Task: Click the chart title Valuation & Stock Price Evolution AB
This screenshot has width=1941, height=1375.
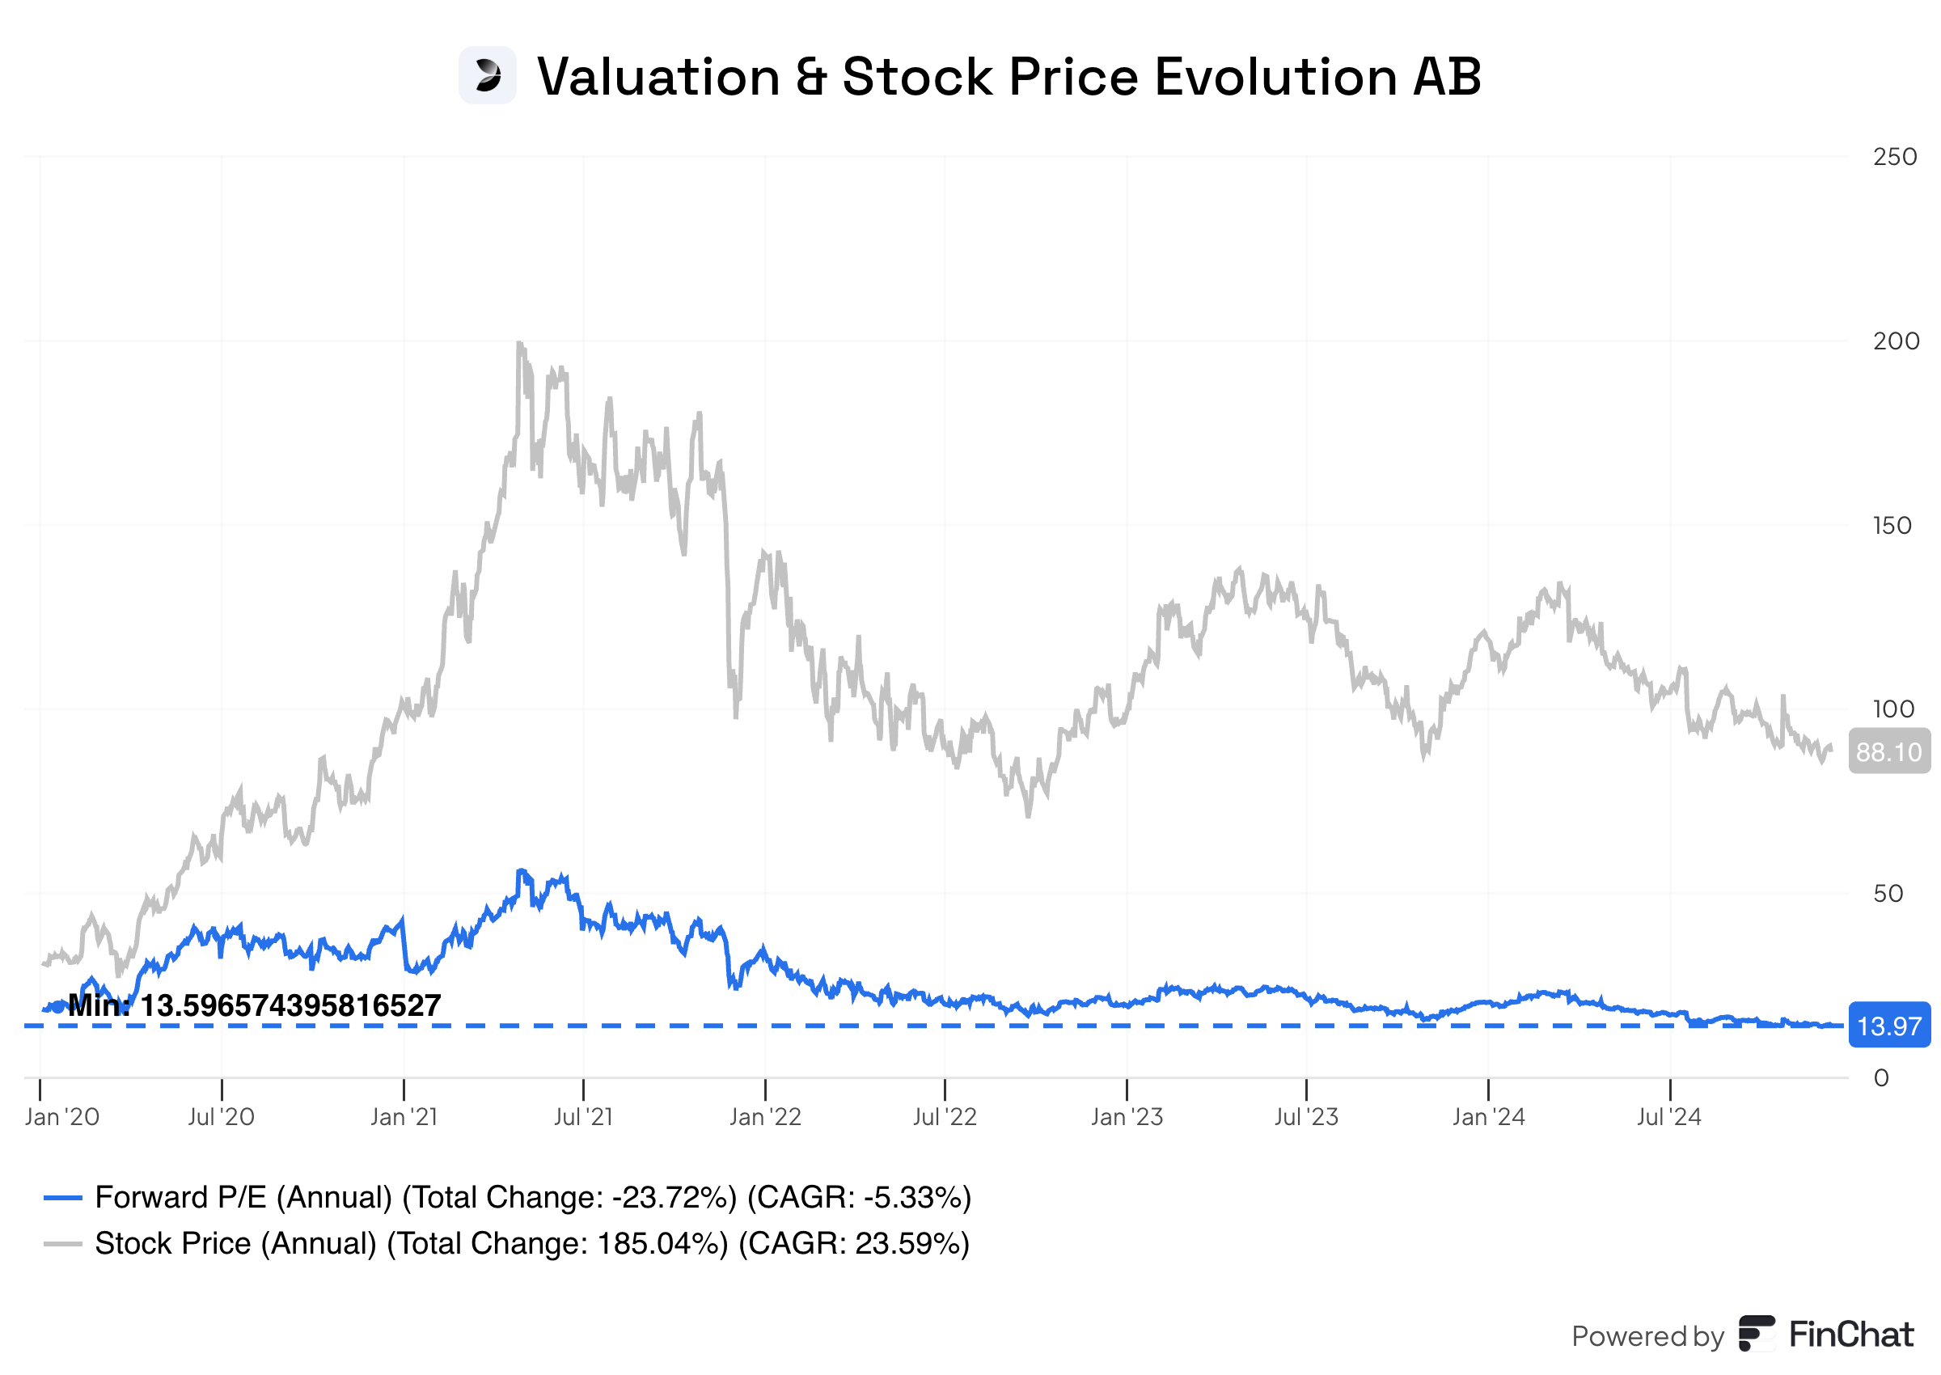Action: point(1009,76)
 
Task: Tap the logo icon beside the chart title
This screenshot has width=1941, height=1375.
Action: point(487,75)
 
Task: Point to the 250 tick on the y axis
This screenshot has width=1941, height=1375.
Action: point(1893,157)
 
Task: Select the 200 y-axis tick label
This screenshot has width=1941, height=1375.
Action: point(1894,341)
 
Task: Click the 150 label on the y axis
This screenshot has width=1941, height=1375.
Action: point(1891,526)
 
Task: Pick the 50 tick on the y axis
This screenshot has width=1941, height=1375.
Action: point(1887,894)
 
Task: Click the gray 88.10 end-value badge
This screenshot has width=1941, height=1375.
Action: point(1888,752)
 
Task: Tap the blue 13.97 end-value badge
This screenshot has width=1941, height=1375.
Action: point(1888,1026)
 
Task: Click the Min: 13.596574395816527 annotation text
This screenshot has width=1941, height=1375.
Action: point(254,1006)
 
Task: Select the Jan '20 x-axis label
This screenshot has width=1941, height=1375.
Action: point(61,1118)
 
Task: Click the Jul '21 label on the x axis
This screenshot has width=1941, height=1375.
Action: point(582,1118)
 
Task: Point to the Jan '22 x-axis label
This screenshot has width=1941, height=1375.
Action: point(764,1118)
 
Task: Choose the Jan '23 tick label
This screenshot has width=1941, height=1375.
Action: point(1126,1118)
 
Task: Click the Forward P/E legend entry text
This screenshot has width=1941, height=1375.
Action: point(532,1198)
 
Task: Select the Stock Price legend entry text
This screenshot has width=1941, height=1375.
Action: point(531,1244)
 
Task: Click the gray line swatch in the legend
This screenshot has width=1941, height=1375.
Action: point(62,1245)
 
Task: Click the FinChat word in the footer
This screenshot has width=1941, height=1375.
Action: point(1850,1335)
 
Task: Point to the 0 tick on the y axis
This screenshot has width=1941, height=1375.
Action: point(1880,1079)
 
